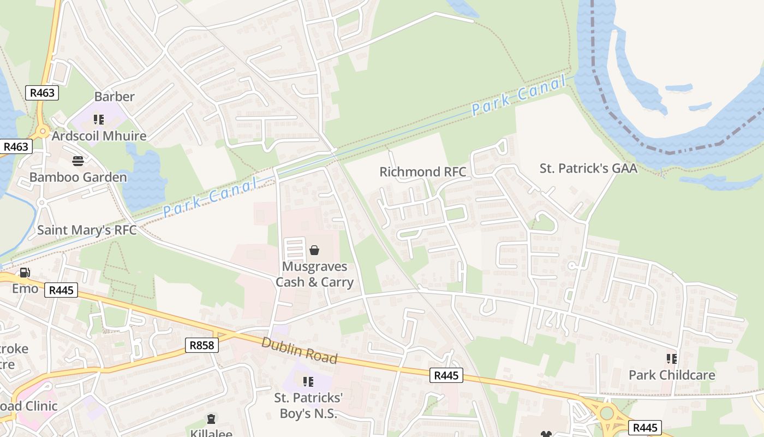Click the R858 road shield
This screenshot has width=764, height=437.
202,345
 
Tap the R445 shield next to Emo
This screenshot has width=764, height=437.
61,290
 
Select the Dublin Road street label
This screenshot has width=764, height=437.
299,351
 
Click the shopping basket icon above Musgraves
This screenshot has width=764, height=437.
314,251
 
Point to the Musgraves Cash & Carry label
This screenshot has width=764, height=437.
314,274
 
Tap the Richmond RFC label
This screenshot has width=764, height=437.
423,172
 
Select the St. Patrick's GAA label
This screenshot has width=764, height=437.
588,168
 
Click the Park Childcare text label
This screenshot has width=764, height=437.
671,375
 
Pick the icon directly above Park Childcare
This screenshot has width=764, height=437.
671,359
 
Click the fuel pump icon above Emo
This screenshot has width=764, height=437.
25,273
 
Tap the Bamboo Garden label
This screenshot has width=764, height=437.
78,177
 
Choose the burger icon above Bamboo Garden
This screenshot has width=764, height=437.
78,161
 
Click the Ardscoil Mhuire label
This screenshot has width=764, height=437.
99,135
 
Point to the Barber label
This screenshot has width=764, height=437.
114,97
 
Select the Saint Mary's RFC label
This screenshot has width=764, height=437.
86,230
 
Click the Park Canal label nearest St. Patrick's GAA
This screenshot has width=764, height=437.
518,96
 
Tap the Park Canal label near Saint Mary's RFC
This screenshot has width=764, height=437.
210,198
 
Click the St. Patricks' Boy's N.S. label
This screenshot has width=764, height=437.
308,405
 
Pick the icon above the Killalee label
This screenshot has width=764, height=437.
211,420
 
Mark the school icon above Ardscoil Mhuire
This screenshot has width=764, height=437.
99,119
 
